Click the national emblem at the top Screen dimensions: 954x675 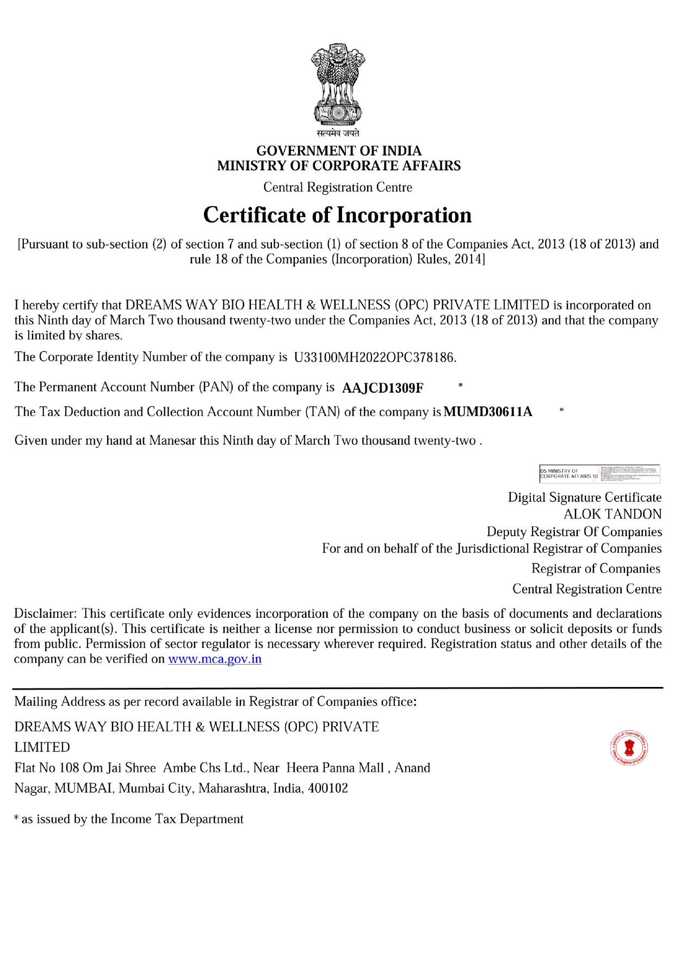click(x=338, y=84)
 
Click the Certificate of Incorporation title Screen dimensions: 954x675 click(x=337, y=215)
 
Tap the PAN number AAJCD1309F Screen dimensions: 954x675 click(x=382, y=388)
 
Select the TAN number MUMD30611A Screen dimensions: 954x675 click(x=488, y=412)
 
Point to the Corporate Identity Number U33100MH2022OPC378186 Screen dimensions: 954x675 click(x=375, y=357)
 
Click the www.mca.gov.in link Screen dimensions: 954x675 click(x=215, y=659)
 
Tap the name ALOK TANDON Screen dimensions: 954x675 click(x=612, y=515)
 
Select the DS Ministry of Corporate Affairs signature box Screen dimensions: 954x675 click(x=599, y=474)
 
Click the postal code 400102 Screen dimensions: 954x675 click(x=328, y=789)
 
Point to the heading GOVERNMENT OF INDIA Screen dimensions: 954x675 click(x=339, y=151)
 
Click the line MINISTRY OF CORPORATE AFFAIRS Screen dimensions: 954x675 click(x=339, y=166)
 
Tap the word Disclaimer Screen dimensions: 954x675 click(x=46, y=614)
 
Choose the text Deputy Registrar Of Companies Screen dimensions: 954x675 click(x=574, y=532)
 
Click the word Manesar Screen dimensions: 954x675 click(x=172, y=441)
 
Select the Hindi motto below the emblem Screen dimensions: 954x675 click(x=338, y=133)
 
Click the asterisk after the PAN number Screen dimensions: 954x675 click(x=460, y=386)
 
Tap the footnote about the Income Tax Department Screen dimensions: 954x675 click(x=129, y=819)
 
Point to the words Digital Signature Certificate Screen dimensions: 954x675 click(x=585, y=498)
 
